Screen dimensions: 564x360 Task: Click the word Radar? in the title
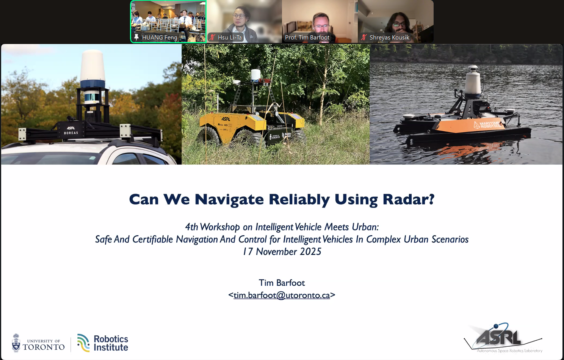(408, 199)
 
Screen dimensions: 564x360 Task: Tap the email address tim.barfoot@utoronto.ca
(282, 295)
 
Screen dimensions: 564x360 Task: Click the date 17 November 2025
(282, 252)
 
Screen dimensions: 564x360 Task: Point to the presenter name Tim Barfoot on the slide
(282, 283)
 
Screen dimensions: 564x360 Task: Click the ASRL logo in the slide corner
(503, 338)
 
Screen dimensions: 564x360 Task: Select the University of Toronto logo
(38, 343)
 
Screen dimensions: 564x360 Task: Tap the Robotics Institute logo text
(111, 343)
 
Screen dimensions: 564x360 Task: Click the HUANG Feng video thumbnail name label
(160, 38)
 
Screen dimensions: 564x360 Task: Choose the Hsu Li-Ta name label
(230, 38)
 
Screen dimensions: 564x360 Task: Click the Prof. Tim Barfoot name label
(307, 38)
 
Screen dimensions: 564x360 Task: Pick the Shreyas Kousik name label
(389, 38)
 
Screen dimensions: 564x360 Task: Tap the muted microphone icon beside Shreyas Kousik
(364, 38)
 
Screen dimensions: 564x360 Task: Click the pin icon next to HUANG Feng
(136, 37)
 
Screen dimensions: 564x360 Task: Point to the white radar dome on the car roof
(92, 66)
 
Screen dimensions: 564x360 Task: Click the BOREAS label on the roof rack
(71, 133)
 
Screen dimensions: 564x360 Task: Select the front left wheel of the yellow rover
(208, 138)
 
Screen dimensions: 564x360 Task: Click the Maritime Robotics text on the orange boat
(489, 124)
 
